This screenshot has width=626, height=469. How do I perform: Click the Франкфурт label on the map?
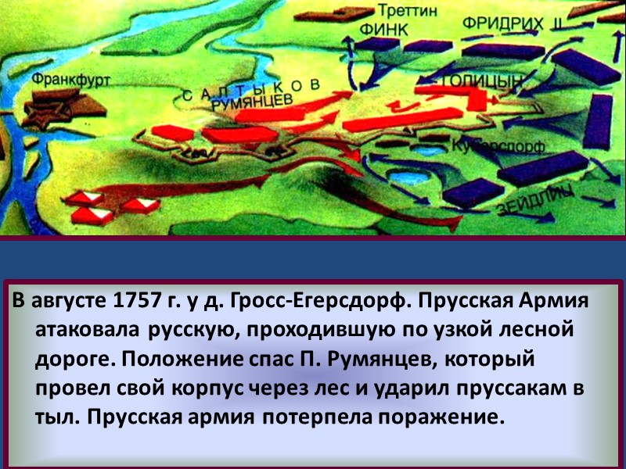(x=71, y=80)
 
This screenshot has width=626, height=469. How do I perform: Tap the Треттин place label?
(x=403, y=10)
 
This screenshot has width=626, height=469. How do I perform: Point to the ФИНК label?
(x=383, y=28)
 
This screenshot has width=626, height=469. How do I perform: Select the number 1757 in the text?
(x=137, y=301)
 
